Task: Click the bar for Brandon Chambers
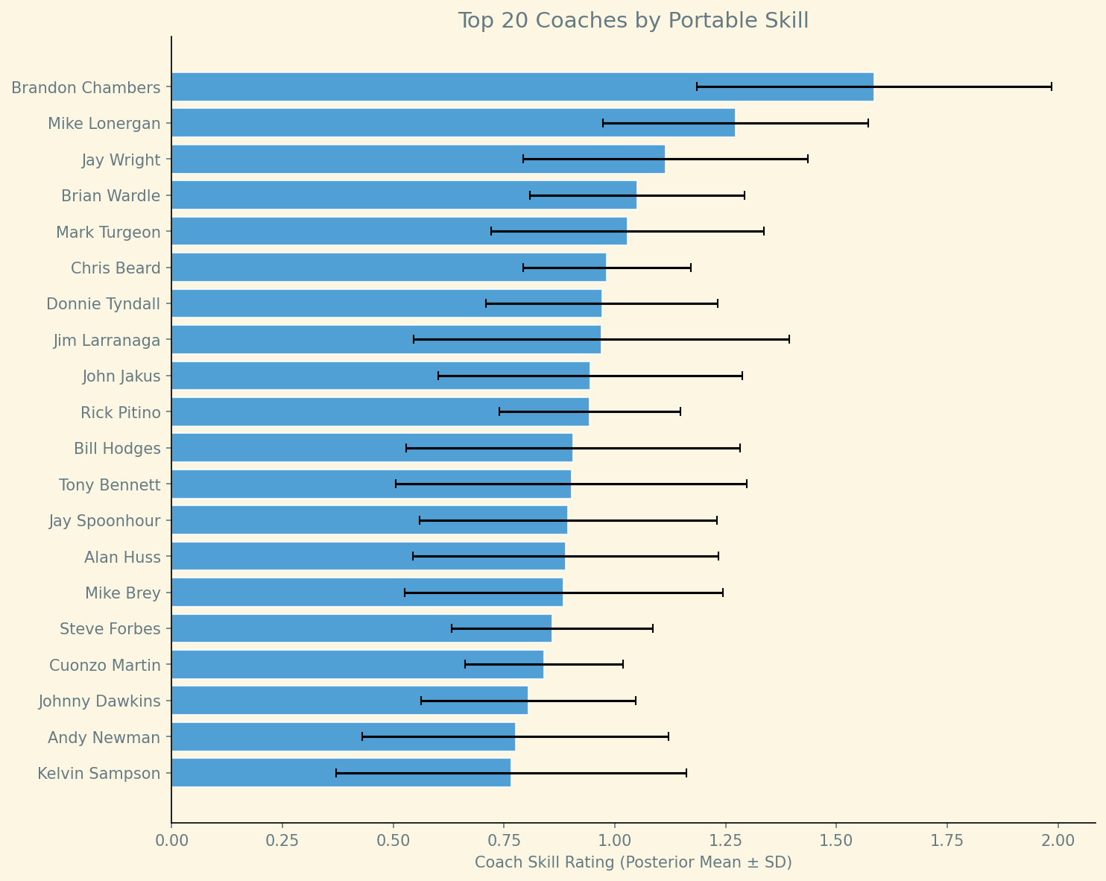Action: (522, 87)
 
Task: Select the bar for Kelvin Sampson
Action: (341, 773)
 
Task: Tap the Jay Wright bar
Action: (417, 159)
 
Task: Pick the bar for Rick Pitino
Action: (380, 411)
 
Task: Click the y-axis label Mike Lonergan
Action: (104, 124)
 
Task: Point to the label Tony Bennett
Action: (110, 485)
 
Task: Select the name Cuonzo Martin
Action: (105, 665)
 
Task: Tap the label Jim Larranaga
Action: (107, 341)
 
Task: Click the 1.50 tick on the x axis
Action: (836, 840)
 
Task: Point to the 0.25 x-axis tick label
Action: (282, 840)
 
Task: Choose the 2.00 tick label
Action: (1058, 840)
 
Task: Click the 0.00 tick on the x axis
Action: (171, 840)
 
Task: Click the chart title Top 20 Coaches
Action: (633, 21)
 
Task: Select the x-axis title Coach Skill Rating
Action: (633, 862)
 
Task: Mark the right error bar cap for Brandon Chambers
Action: (1051, 87)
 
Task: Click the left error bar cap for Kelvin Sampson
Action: (336, 773)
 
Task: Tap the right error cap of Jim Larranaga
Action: (789, 339)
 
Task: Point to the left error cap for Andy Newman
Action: (362, 736)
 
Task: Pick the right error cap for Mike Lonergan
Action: (868, 123)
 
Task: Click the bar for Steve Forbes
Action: (361, 628)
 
